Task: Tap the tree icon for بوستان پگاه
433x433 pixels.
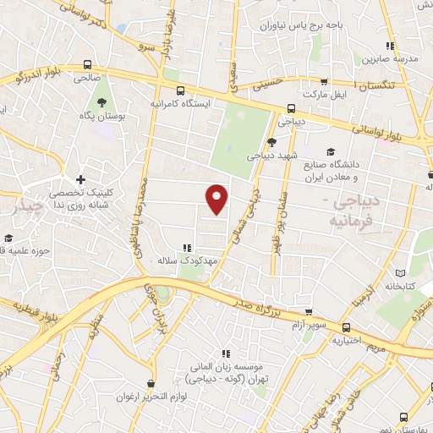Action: [x=102, y=101]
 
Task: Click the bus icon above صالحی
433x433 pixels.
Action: [x=87, y=63]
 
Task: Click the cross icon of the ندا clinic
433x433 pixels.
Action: [x=80, y=179]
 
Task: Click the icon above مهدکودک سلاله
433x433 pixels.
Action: [x=187, y=249]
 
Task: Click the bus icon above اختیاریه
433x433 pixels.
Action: [x=346, y=327]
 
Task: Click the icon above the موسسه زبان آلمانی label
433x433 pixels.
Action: [x=225, y=354]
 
